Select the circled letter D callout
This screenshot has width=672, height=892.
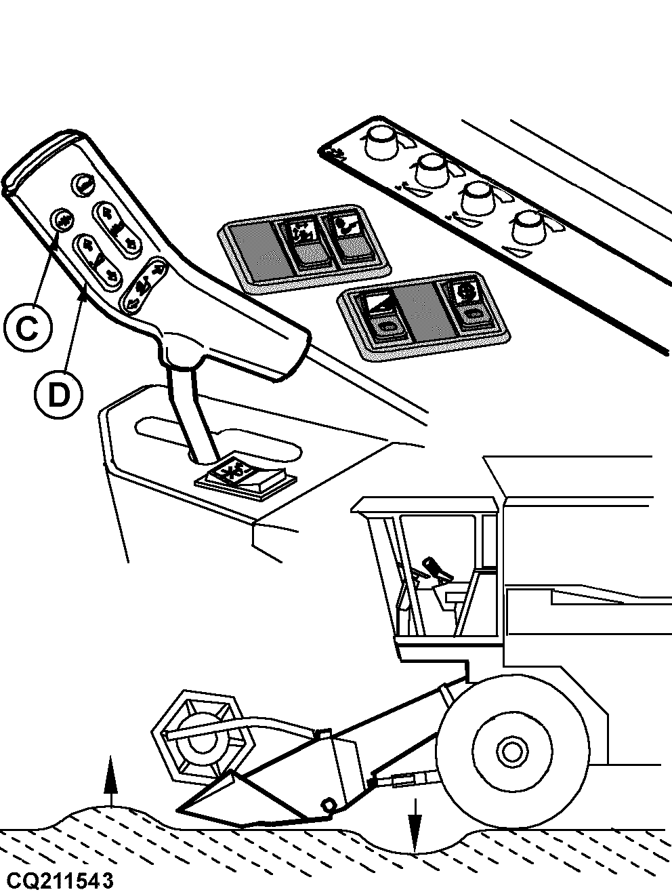(x=58, y=394)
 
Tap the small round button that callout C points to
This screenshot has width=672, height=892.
(x=63, y=220)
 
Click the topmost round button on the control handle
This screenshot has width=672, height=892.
(x=83, y=184)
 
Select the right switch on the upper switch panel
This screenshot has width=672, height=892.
(x=349, y=237)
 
